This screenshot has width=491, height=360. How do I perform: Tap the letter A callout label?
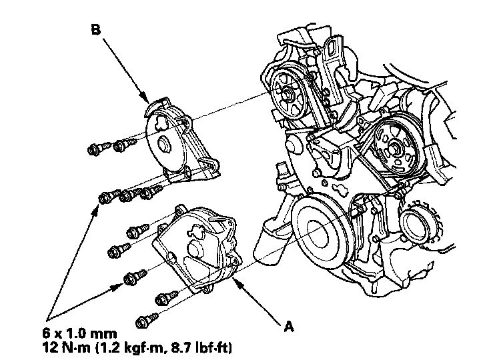[289, 327]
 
